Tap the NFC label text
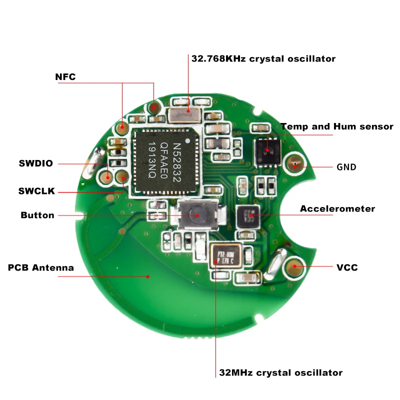(65, 77)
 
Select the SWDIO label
(35, 163)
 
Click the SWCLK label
(36, 191)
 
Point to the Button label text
(37, 215)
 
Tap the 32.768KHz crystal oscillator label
(263, 58)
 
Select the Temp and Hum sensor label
(336, 126)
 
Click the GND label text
(346, 167)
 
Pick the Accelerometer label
(337, 208)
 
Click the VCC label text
(347, 267)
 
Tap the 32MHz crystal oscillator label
(281, 372)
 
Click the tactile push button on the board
(195, 214)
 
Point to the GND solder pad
(294, 164)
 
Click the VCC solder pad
(294, 266)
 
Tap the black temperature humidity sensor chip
(266, 150)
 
